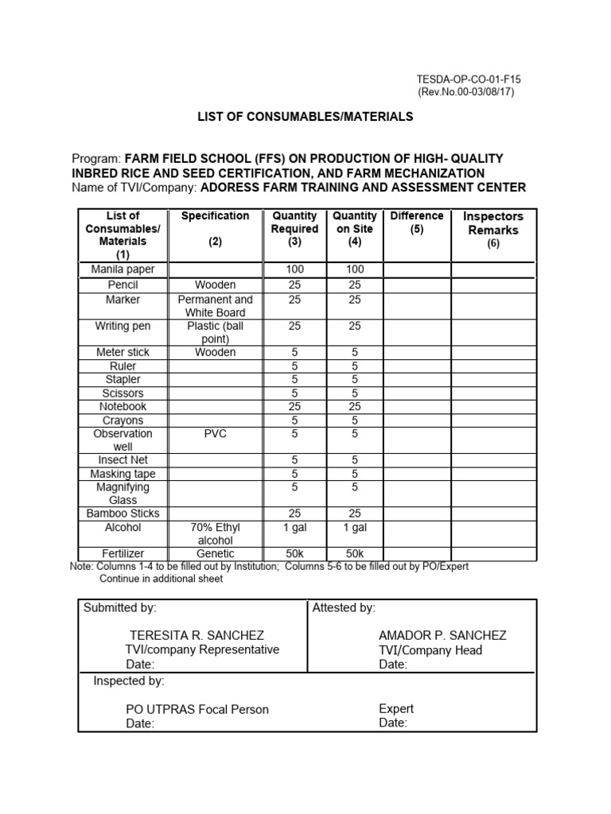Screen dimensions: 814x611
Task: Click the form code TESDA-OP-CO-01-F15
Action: coord(469,79)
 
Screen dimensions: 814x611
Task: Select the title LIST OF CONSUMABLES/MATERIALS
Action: coord(305,116)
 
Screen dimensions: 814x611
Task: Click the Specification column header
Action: coord(215,216)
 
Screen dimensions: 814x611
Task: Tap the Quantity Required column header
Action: coord(294,229)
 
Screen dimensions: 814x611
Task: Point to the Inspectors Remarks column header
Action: coord(493,223)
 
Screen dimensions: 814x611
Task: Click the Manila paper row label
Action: coord(123,269)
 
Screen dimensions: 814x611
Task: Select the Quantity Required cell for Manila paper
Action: coord(294,269)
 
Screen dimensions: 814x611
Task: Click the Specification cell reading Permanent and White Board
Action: coord(215,306)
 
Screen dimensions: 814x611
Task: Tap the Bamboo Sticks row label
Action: coord(123,514)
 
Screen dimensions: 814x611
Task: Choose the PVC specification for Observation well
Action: coord(215,434)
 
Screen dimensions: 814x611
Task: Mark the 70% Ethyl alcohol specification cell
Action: coord(215,533)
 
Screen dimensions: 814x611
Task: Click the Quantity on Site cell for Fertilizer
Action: coord(355,553)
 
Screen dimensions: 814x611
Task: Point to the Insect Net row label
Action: coord(123,459)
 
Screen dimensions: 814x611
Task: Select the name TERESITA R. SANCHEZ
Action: coord(197,635)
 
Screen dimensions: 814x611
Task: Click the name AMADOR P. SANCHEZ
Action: coord(442,635)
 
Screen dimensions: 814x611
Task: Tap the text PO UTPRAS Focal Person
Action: coord(197,709)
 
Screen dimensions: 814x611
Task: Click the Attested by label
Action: coord(344,608)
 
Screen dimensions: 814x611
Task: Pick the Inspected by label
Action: coord(129,681)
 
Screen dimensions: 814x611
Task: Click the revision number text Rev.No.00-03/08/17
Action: coord(466,92)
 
